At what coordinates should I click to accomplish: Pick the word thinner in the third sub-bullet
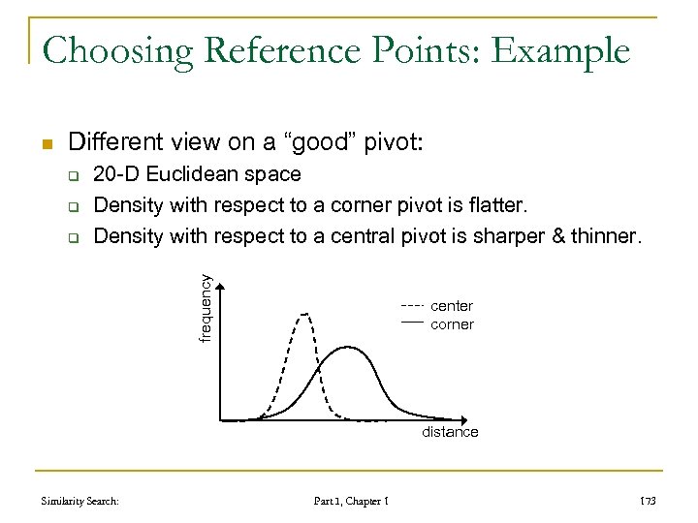point(604,235)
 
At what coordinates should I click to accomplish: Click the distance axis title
point(449,432)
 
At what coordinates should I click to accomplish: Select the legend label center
point(452,306)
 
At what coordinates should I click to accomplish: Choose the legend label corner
point(452,324)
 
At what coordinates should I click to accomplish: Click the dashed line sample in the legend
point(413,306)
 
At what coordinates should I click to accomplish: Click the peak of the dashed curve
point(306,313)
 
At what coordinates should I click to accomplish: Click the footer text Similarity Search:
point(80,501)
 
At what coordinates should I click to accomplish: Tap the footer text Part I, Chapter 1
point(352,501)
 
